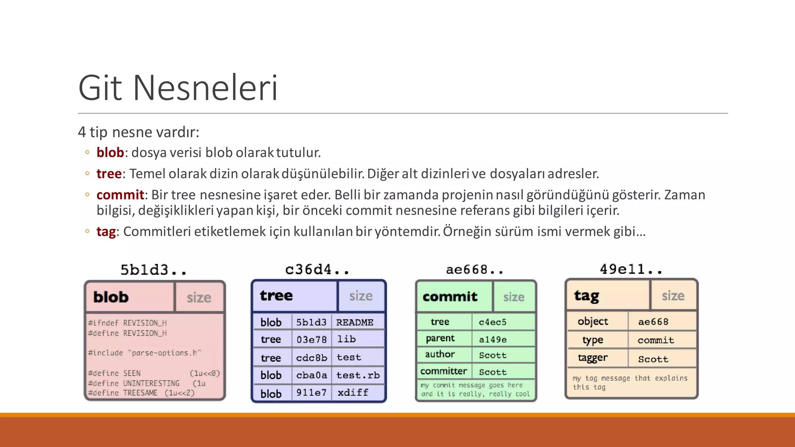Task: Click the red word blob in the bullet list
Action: click(110, 152)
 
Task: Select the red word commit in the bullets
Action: click(120, 195)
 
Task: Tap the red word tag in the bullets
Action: click(106, 232)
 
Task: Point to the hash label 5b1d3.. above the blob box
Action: click(153, 270)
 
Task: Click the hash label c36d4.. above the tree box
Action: click(317, 269)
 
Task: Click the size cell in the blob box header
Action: click(199, 298)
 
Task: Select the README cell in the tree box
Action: click(354, 322)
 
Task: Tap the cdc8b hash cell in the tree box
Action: click(311, 357)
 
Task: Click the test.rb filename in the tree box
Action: click(358, 375)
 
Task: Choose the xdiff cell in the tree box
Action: click(352, 393)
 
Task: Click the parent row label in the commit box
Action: click(440, 339)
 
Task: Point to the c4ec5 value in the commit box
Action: click(492, 322)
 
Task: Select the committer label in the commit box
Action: click(443, 371)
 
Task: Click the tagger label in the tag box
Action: click(592, 358)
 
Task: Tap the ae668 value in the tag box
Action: click(653, 322)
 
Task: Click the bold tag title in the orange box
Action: click(586, 296)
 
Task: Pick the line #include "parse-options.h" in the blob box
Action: click(144, 353)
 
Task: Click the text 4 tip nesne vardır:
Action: click(139, 132)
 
